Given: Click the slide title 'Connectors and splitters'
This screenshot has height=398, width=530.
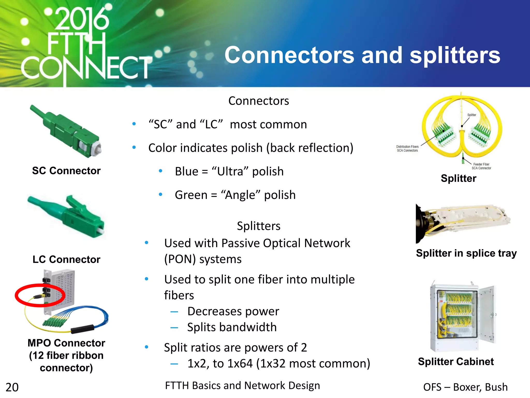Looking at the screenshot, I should pyautogui.click(x=362, y=55).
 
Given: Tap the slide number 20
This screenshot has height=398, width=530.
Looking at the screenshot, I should pyautogui.click(x=12, y=387).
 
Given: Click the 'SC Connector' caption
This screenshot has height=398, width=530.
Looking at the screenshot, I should pyautogui.click(x=66, y=171).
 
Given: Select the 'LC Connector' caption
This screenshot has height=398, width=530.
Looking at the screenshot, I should pyautogui.click(x=66, y=259).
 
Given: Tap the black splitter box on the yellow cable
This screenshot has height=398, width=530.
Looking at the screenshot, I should pyautogui.click(x=82, y=329).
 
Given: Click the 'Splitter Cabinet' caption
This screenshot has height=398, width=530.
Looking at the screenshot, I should pyautogui.click(x=456, y=361).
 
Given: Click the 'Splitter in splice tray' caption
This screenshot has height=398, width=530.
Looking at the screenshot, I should pyautogui.click(x=466, y=253).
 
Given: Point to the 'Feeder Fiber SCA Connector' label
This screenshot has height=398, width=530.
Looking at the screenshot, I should pyautogui.click(x=481, y=166).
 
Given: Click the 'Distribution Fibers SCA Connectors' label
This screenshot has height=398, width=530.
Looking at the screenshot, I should pyautogui.click(x=407, y=148).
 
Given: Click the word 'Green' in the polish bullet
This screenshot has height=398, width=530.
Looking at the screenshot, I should pyautogui.click(x=191, y=195).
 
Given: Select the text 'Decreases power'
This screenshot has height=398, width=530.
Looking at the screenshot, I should pyautogui.click(x=233, y=311).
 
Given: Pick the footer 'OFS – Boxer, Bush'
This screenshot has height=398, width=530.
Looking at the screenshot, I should pyautogui.click(x=465, y=387).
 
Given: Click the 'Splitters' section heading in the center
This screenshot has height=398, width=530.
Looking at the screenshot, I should pyautogui.click(x=259, y=226).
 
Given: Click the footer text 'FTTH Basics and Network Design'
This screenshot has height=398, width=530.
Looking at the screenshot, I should pyautogui.click(x=242, y=386).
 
